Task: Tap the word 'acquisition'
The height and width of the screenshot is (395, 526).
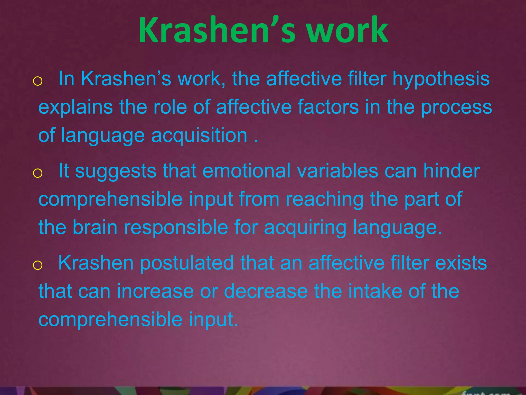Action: click(x=199, y=136)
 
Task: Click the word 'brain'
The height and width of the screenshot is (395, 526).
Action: click(x=95, y=227)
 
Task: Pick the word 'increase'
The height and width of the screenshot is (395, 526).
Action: click(x=155, y=291)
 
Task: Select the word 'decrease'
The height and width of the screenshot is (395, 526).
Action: click(x=266, y=291)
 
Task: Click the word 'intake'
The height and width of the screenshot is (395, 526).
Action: click(x=375, y=291)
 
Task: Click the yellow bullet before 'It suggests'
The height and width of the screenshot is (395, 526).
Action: click(x=37, y=173)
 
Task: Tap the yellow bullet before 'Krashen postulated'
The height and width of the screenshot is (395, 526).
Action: click(x=37, y=265)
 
